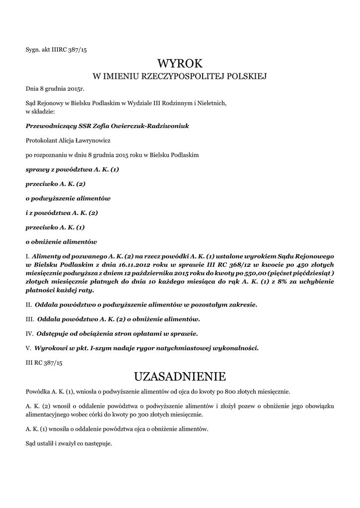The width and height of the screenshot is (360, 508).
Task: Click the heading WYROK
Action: pos(180,63)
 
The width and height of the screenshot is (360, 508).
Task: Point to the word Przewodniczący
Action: pos(49,126)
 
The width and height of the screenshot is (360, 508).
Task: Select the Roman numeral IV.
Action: pos(29,333)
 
